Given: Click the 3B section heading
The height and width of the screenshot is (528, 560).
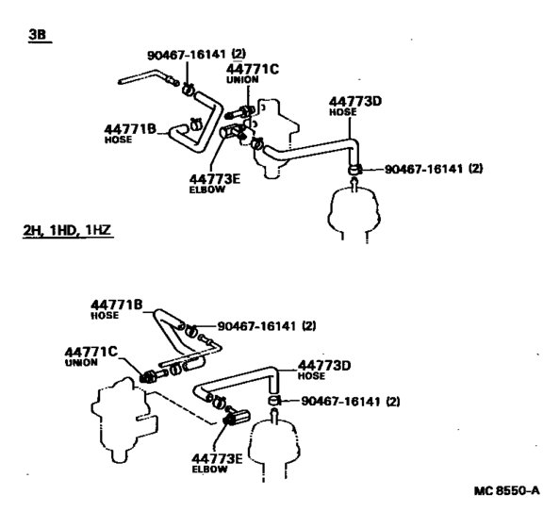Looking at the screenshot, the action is coord(38,35).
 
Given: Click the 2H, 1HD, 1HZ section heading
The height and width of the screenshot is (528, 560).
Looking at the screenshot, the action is coord(67,230).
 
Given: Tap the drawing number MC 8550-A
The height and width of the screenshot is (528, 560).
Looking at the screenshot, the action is coord(507,490).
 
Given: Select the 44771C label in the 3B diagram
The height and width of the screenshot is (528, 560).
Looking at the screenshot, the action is coord(252,69).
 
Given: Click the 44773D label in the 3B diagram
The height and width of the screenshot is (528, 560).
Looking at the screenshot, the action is coord(355,102).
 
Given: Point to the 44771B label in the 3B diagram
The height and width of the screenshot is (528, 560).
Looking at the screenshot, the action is coord(130,128).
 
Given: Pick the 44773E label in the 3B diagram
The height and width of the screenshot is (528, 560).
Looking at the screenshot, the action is coord(215,178).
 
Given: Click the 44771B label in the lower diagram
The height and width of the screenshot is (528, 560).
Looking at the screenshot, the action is coord(116,305).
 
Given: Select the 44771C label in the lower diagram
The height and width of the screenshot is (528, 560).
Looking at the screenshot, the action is coord(91,352).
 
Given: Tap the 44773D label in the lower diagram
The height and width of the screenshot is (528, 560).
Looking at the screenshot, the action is coord(324,366).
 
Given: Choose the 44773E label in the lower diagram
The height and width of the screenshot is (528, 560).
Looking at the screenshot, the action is coord(217,458).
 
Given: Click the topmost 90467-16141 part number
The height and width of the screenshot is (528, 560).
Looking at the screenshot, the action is coord(197,55).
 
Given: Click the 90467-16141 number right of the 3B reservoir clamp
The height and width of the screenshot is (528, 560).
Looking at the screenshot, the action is coord(434,169).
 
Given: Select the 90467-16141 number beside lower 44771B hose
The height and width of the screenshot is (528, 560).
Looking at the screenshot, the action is coord(267,326).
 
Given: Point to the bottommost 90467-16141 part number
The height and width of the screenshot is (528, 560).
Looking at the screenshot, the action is coord(351,401).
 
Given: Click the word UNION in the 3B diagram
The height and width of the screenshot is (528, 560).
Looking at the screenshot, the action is coord(242,79).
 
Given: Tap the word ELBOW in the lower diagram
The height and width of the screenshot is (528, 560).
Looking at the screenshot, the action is coord(209,469).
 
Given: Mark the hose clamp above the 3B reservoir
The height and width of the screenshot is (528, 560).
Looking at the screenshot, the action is coord(354,170).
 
